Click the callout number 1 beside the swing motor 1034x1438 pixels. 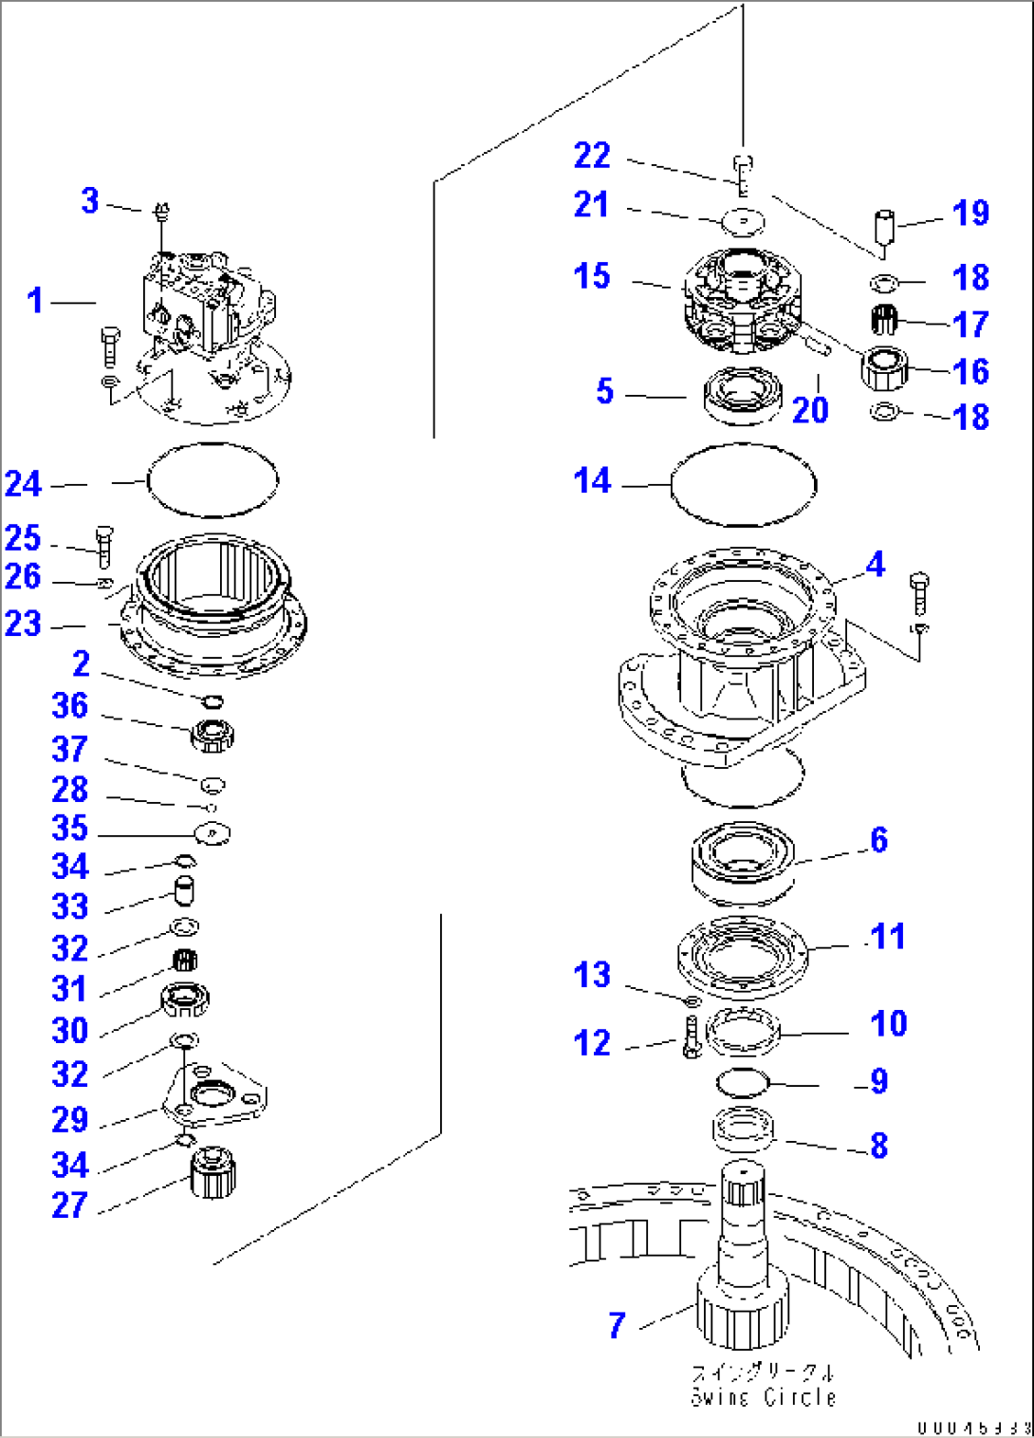[x=35, y=301]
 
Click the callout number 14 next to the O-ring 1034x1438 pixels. [x=592, y=481]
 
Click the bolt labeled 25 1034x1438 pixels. [x=103, y=545]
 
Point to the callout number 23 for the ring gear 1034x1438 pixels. [x=24, y=624]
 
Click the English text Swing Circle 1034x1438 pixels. [x=764, y=1397]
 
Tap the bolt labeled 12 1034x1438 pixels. [x=691, y=1037]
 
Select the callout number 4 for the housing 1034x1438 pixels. [x=875, y=565]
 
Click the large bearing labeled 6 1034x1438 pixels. [x=743, y=859]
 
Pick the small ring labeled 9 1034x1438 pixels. [x=743, y=1081]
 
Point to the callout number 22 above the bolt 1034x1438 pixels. [x=592, y=156]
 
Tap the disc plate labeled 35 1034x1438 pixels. [x=212, y=833]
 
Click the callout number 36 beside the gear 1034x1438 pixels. [x=69, y=705]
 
